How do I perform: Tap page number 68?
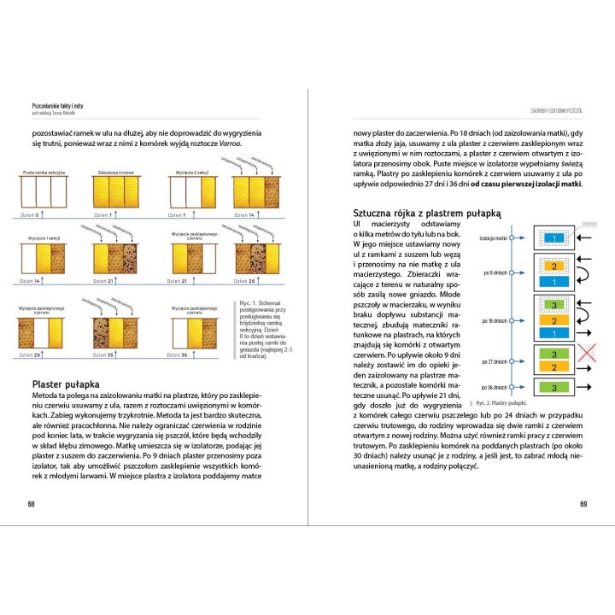coord(32,503)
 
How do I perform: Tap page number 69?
coord(583,503)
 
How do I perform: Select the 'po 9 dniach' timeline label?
coord(495,273)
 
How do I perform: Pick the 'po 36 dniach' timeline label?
coord(495,387)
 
